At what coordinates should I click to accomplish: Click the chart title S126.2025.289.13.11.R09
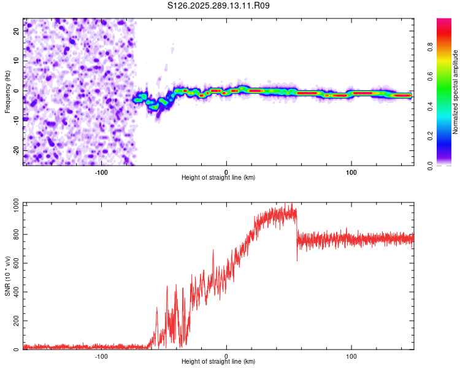[x=218, y=6]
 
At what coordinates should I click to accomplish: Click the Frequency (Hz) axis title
[x=7, y=91]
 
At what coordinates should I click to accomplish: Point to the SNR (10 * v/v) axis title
[x=7, y=276]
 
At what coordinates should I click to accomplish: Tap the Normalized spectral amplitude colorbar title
[x=455, y=92]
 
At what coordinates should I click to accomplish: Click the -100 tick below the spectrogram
[x=101, y=171]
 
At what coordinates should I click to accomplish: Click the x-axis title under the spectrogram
[x=218, y=178]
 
